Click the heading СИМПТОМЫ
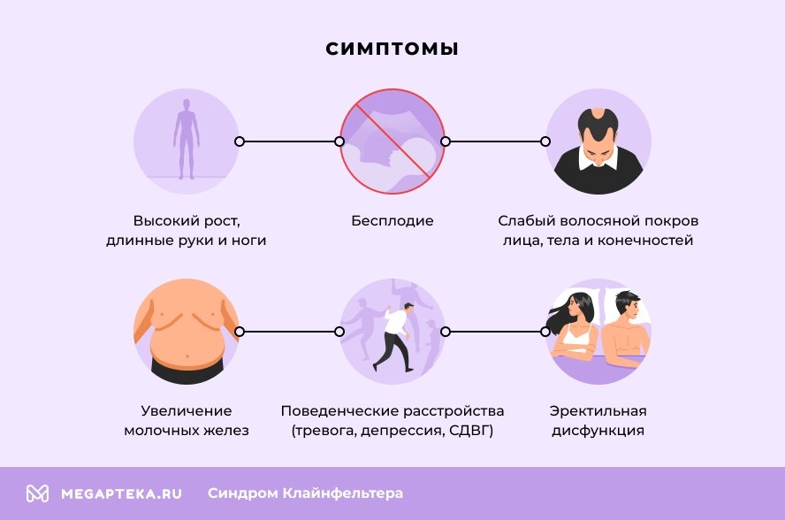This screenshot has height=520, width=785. (392, 49)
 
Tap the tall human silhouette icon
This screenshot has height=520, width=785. (186, 140)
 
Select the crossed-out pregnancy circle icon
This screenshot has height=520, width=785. (392, 141)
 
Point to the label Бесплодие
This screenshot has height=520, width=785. (392, 220)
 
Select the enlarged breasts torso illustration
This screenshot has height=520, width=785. (186, 332)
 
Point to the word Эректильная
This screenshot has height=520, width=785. (598, 411)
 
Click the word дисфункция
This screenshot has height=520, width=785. (598, 432)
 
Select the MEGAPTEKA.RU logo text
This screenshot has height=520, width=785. (121, 493)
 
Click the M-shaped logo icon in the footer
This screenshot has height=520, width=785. (37, 493)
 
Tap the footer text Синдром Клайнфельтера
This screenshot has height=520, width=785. (305, 493)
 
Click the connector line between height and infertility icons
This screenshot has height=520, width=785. (289, 141)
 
